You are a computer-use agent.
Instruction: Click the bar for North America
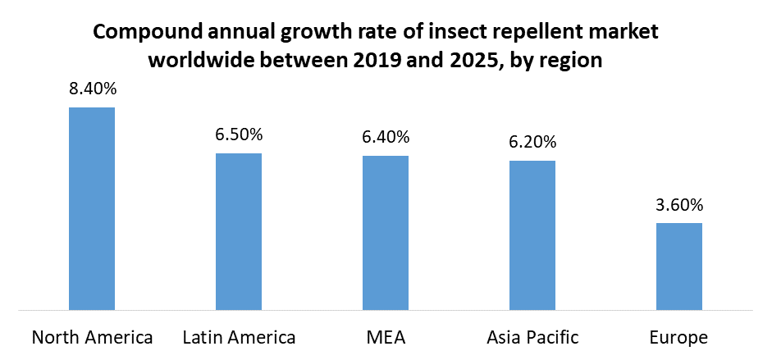[x=92, y=209]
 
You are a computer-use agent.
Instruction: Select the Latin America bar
[x=239, y=232]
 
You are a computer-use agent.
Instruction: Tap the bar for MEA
[x=386, y=233]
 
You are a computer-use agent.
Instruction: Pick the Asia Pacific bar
[x=532, y=235]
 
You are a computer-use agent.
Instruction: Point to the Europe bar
[x=679, y=267]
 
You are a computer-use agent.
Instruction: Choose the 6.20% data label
[x=532, y=143]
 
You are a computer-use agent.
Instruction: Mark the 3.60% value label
[x=679, y=205]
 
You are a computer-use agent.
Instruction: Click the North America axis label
[x=92, y=337]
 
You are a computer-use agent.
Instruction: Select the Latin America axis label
[x=239, y=337]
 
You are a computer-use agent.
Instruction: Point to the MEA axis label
[x=386, y=337]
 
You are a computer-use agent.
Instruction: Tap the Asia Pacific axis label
[x=532, y=337]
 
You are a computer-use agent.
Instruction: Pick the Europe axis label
[x=679, y=337]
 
